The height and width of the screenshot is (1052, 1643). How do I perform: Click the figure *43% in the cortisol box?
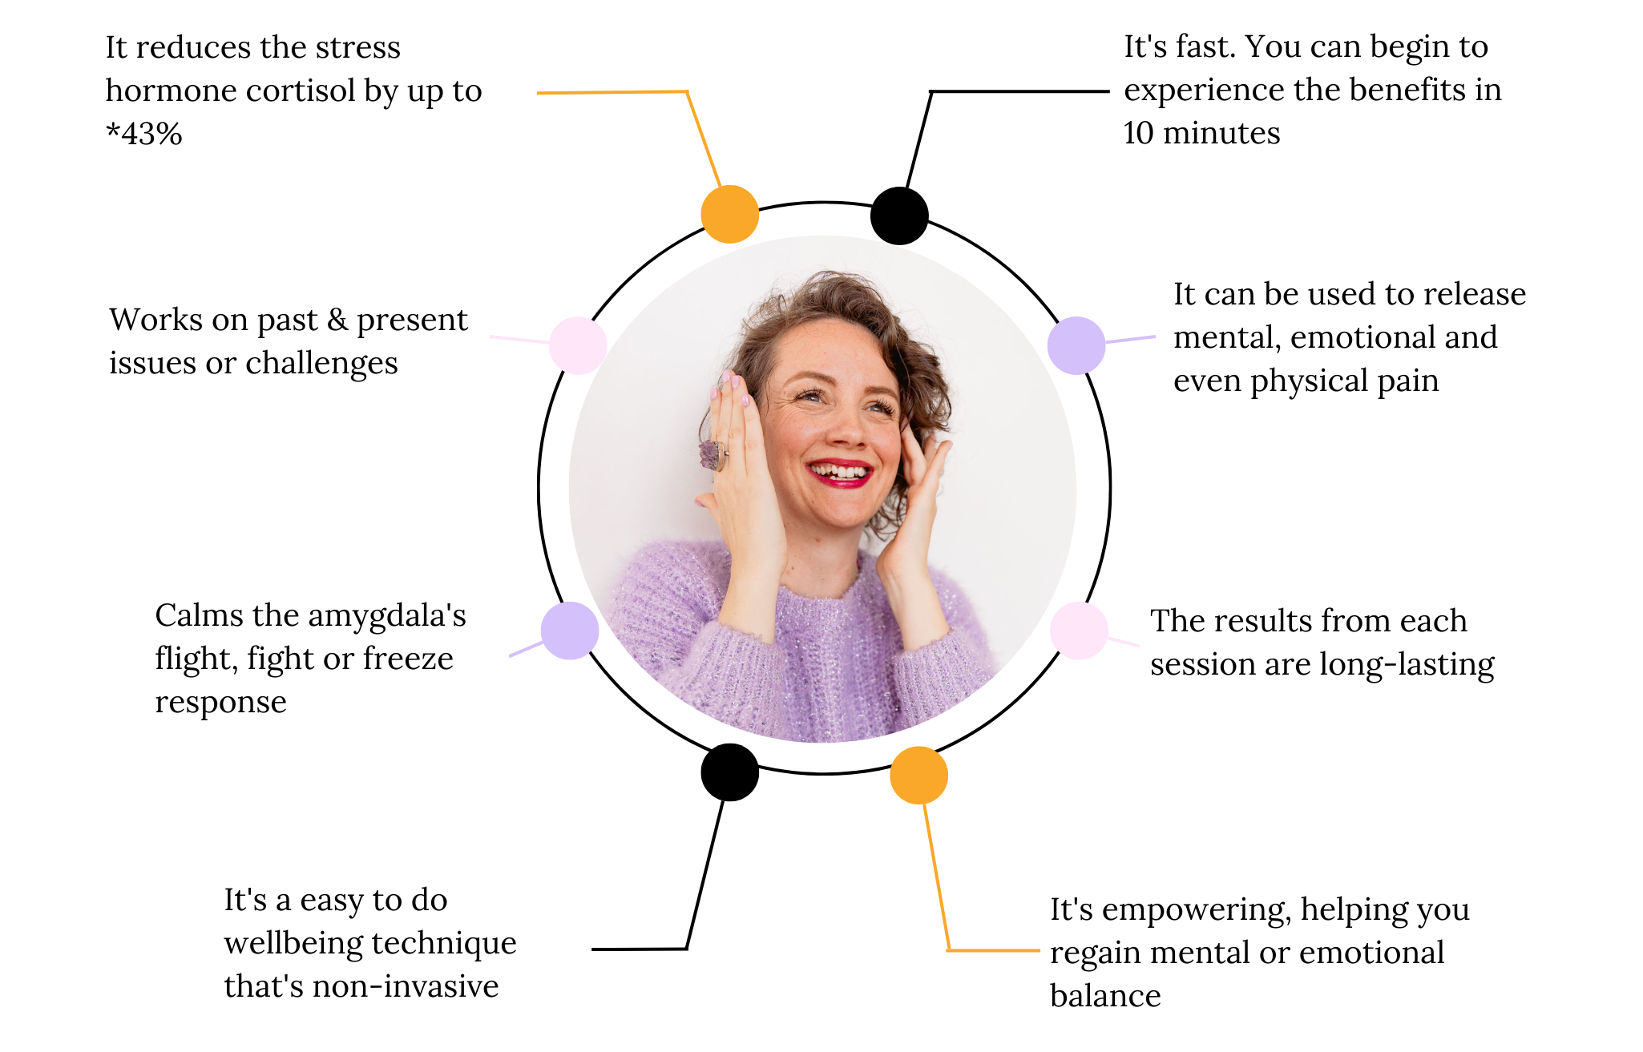(x=144, y=134)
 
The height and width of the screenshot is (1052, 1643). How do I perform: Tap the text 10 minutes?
(x=1201, y=133)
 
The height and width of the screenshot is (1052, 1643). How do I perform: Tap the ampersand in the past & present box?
(x=337, y=320)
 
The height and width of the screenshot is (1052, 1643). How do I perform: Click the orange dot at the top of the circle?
(x=729, y=214)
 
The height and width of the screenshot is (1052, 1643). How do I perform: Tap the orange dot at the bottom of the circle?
(x=918, y=775)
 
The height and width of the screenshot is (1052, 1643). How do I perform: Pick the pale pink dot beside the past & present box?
(x=578, y=345)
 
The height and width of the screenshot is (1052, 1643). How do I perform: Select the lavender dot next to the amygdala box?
(x=569, y=631)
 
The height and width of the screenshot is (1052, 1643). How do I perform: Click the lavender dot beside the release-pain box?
(x=1076, y=345)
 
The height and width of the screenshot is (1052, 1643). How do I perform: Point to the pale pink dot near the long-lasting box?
(x=1079, y=631)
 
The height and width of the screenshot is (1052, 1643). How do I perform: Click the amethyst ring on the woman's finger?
(x=713, y=454)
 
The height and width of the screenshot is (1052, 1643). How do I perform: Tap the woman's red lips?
(x=839, y=472)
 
